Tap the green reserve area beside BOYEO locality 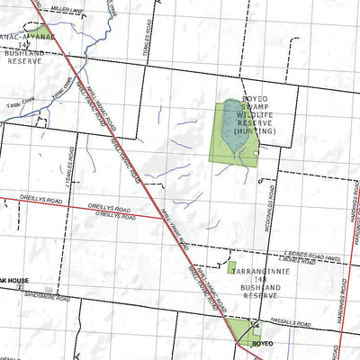click(241, 330)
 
